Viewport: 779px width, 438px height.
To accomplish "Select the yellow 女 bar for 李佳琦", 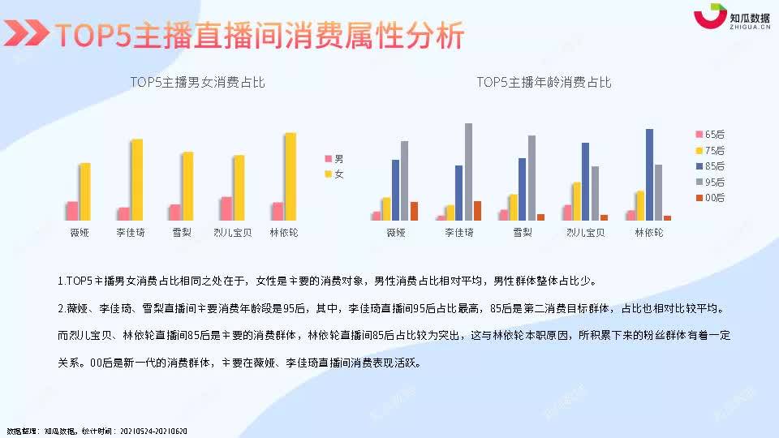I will click(136, 179).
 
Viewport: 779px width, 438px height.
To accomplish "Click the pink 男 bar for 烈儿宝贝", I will click(226, 208).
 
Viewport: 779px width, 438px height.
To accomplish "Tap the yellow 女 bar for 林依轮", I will click(290, 176).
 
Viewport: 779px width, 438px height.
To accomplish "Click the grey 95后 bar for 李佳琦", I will click(468, 171).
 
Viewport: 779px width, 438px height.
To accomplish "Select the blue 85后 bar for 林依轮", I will click(649, 174).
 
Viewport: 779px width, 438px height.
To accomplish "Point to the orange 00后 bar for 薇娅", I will click(414, 211).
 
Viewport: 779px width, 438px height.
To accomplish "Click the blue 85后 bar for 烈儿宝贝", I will click(585, 181).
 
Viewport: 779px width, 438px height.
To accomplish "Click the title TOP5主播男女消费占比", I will click(197, 83).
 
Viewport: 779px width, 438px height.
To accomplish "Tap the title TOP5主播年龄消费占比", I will click(544, 83).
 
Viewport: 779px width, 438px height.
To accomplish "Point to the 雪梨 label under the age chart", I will click(523, 233).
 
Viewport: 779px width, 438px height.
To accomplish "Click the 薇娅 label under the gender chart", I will click(79, 233).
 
